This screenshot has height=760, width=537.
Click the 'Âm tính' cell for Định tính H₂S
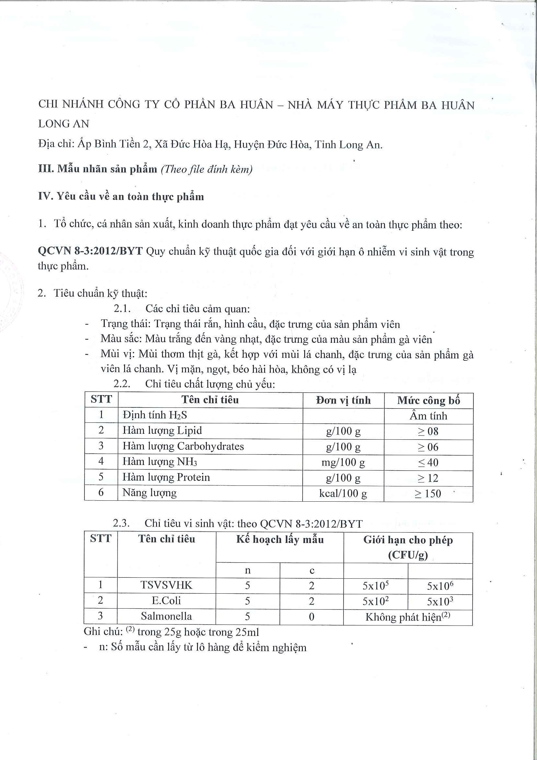pos(428,416)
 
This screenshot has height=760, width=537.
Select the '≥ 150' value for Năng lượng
pos(428,494)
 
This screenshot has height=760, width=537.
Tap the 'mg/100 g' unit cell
pos(343,462)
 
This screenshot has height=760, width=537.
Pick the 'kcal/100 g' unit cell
pos(343,494)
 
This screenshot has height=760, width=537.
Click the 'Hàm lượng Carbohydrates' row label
pos(183,446)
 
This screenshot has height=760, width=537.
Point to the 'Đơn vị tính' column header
pos(343,401)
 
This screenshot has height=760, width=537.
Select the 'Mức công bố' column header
pos(429,401)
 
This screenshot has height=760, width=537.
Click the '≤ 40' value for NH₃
pos(428,462)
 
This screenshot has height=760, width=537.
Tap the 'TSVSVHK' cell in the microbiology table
pos(166,585)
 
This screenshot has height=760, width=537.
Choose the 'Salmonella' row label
pos(166,616)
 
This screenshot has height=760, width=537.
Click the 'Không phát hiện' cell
pos(408,617)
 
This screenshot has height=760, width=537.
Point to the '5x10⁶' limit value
pos(440,586)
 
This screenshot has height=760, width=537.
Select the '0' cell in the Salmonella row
pos(311,617)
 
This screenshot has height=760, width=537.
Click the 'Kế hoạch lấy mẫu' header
pos(280,540)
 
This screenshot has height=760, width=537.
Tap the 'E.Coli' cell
pos(166,600)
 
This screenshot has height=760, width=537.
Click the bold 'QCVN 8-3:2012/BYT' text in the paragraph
pos(90,251)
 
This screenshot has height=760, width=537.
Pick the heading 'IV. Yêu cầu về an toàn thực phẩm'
pos(121,197)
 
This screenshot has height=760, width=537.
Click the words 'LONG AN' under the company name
pos(64,124)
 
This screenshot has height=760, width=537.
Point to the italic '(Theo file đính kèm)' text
pos(207,170)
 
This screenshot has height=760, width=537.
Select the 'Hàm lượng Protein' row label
pos(166,477)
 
